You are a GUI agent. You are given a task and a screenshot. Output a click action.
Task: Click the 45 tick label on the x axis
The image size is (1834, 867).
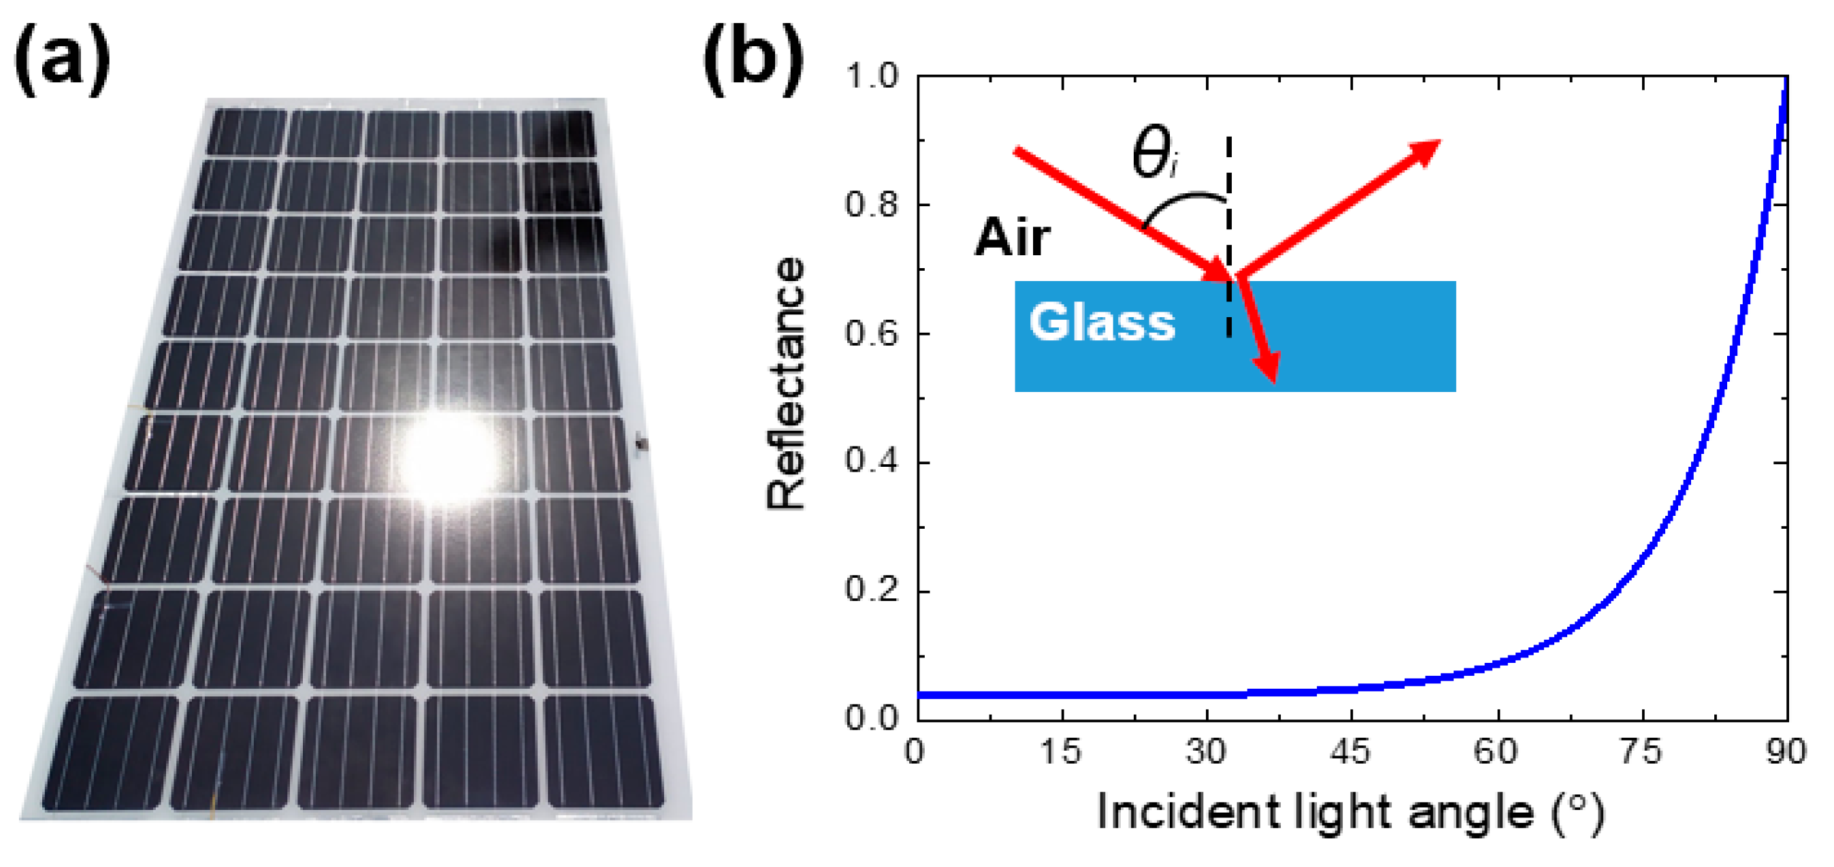coord(1350,752)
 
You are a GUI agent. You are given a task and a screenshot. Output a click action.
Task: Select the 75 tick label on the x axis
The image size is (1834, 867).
coord(1641,752)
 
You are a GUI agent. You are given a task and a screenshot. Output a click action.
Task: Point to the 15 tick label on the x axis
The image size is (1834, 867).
coord(1061,752)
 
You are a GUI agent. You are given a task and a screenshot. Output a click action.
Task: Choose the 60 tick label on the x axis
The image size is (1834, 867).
coord(1496,752)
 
